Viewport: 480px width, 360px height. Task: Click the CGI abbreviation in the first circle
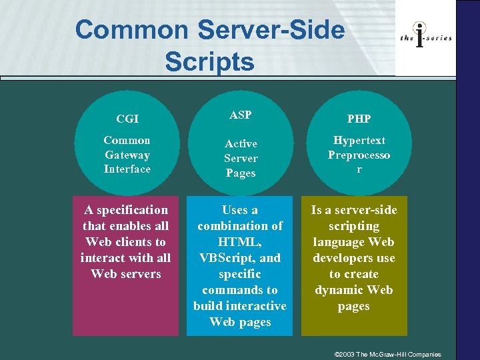(x=127, y=119)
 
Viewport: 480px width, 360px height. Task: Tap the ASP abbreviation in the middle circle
(x=240, y=115)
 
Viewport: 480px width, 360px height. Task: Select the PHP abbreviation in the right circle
(x=359, y=119)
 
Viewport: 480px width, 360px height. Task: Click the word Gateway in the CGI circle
(x=127, y=155)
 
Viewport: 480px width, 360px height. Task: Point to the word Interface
(x=127, y=169)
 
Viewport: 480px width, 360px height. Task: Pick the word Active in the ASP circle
(x=241, y=143)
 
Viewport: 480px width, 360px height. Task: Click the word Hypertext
(x=359, y=141)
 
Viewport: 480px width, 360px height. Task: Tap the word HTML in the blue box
(x=239, y=242)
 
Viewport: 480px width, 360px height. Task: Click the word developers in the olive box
(x=354, y=258)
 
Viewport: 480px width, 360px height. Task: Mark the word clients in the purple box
(x=135, y=242)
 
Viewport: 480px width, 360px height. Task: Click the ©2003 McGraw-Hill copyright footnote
(x=388, y=354)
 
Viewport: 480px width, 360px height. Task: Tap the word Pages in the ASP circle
(x=241, y=173)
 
